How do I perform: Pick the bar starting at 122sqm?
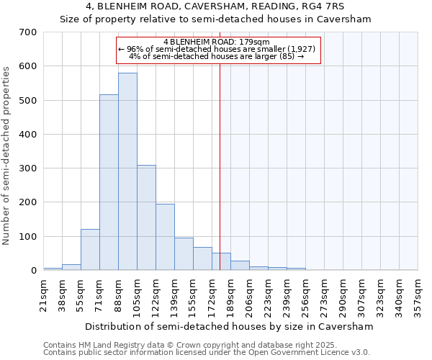tap(165, 237)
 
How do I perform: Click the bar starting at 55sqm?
tap(90, 250)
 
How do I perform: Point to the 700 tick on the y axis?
tap(30, 32)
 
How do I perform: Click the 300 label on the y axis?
tap(30, 168)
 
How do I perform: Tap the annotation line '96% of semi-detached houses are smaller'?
tap(216, 49)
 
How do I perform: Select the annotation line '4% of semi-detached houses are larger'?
tap(216, 56)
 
